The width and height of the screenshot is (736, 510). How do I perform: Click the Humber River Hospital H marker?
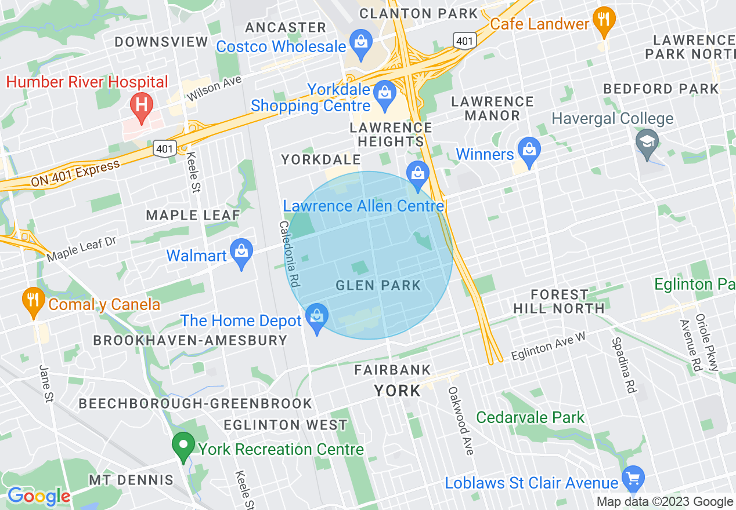pyautogui.click(x=140, y=105)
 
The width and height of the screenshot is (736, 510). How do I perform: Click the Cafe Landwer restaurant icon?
pyautogui.click(x=604, y=19)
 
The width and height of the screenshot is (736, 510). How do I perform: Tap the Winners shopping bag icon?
pyautogui.click(x=529, y=150)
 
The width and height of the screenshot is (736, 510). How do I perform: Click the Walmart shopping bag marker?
pyautogui.click(x=241, y=252)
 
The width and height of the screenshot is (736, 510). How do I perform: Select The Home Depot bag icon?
pyautogui.click(x=317, y=317)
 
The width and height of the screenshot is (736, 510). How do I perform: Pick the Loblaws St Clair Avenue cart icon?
pyautogui.click(x=633, y=479)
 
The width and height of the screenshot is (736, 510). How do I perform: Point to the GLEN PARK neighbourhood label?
pyautogui.click(x=378, y=285)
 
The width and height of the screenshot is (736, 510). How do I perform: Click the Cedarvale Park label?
pyautogui.click(x=531, y=417)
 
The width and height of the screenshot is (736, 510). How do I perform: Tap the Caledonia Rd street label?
pyautogui.click(x=289, y=254)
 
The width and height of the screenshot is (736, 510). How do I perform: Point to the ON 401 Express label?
pyautogui.click(x=75, y=173)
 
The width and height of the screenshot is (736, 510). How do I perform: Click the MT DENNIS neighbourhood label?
pyautogui.click(x=131, y=480)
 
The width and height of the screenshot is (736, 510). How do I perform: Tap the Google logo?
pyautogui.click(x=39, y=497)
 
